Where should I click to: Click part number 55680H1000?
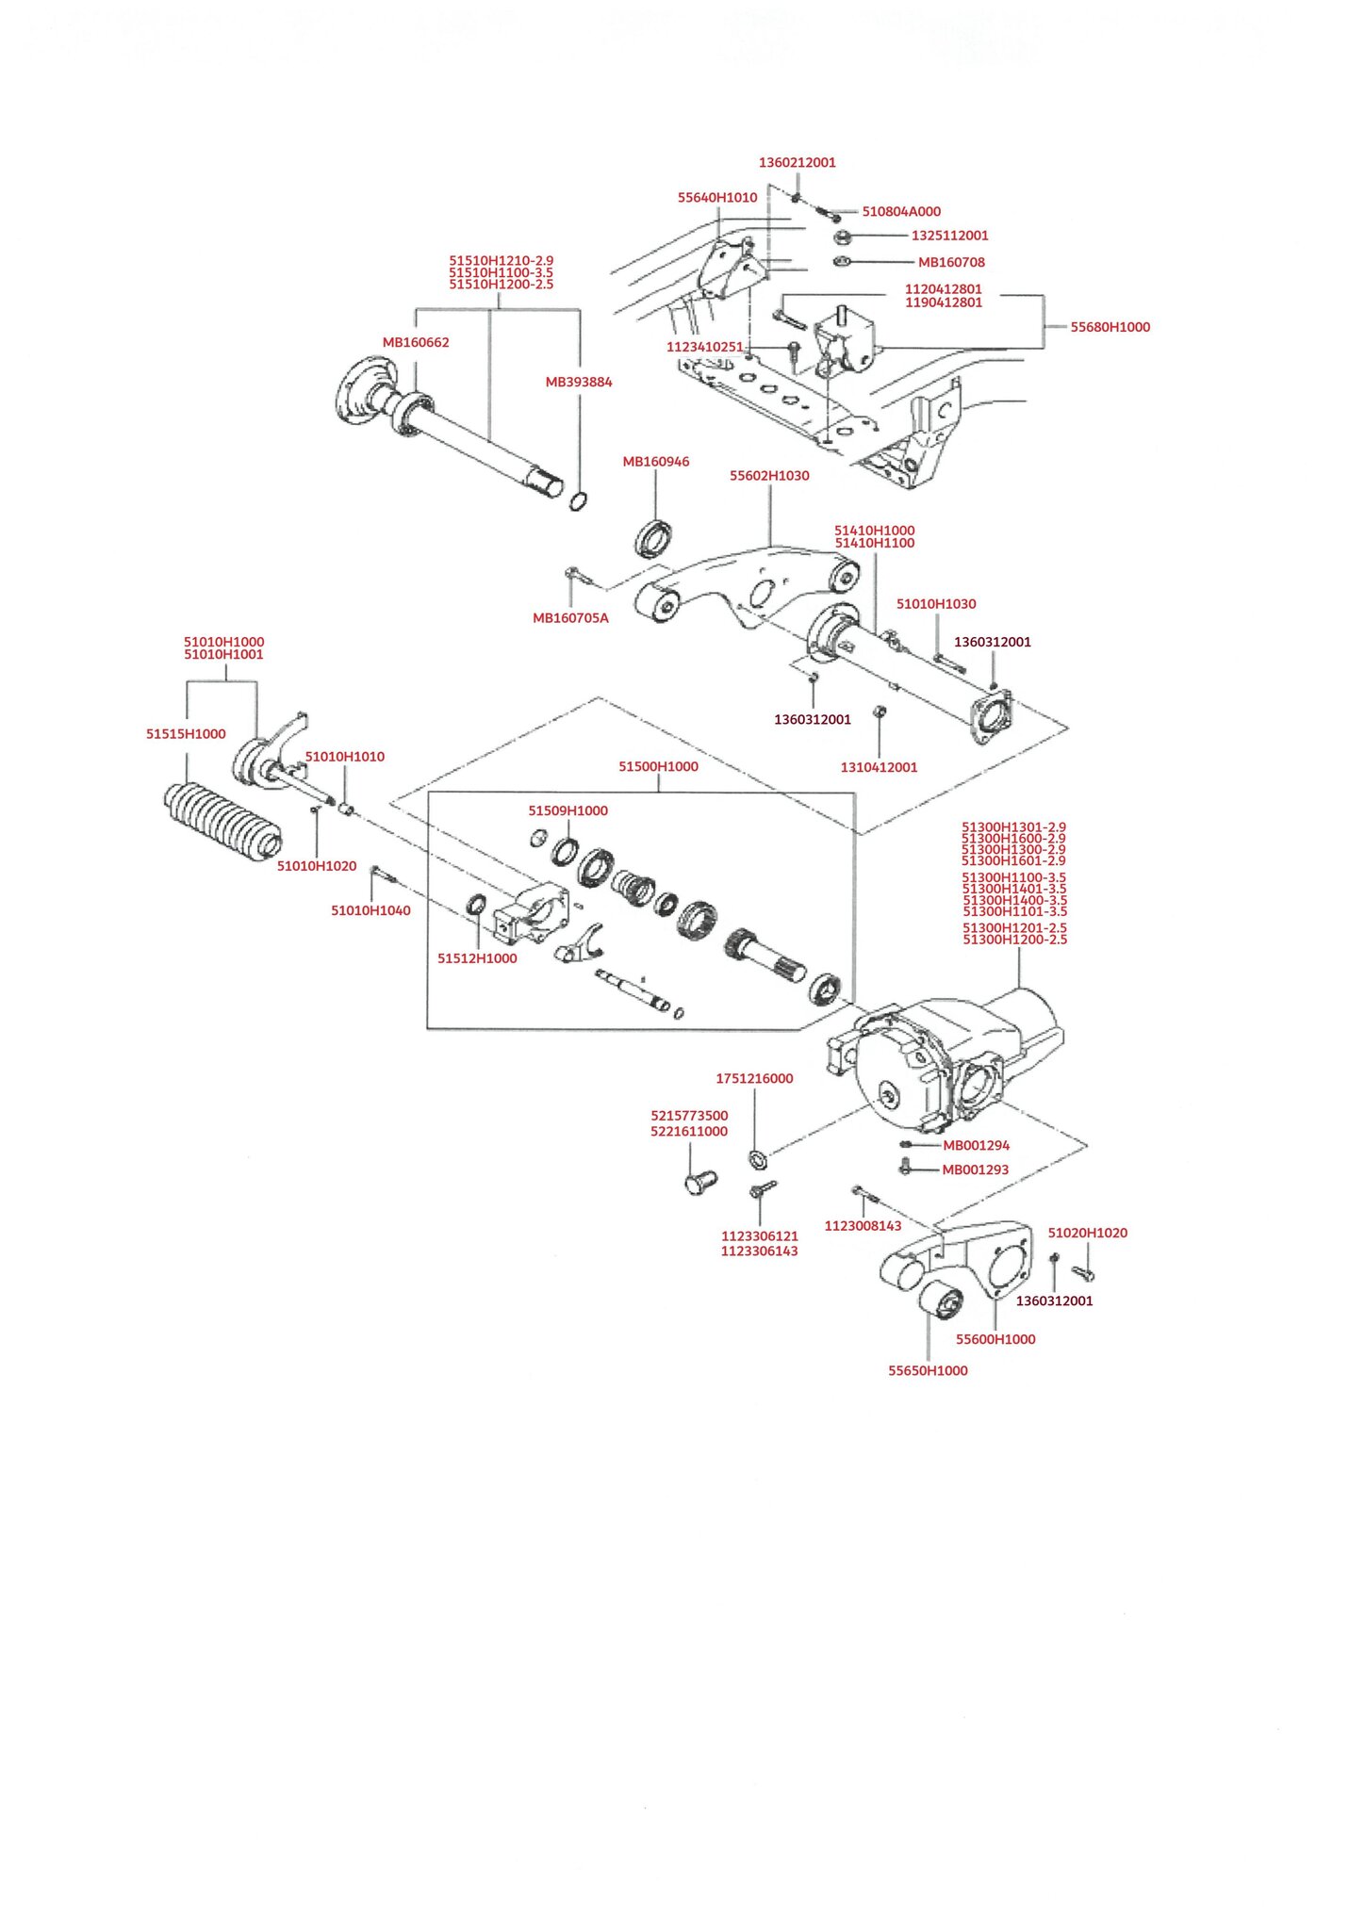coord(1110,327)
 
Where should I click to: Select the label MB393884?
coord(579,382)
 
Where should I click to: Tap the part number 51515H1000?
coord(186,734)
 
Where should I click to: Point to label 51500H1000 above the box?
coord(658,766)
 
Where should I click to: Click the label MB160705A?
coord(570,618)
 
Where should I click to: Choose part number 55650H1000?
coord(928,1370)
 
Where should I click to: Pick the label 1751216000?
coord(754,1078)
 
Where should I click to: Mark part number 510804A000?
coord(901,211)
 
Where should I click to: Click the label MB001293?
coord(976,1169)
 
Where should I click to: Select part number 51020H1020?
coord(1087,1233)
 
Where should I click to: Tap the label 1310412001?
coord(879,767)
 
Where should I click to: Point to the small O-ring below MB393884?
coord(579,500)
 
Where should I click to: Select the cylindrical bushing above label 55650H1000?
coord(940,1302)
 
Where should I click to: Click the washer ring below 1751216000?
coord(757,1155)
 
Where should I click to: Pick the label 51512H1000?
coord(477,958)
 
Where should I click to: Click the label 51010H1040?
coord(370,910)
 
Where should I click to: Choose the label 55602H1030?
coord(769,476)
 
